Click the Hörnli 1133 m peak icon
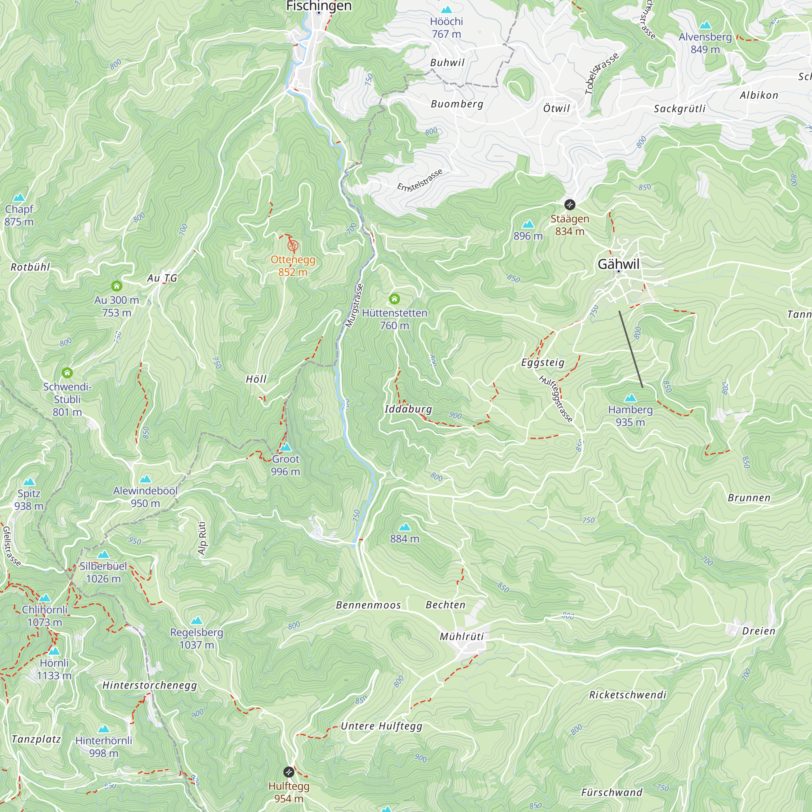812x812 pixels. tap(54, 652)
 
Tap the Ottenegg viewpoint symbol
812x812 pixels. tap(293, 246)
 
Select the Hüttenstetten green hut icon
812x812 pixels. tap(394, 299)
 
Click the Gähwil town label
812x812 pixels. tap(618, 264)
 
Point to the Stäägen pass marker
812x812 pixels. tap(570, 205)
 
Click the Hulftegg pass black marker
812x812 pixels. tap(288, 772)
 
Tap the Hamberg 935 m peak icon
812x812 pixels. tap(630, 397)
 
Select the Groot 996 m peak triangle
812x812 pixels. tap(286, 447)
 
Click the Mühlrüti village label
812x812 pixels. tap(462, 636)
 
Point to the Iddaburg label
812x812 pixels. tap(408, 409)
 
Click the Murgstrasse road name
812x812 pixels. tap(354, 306)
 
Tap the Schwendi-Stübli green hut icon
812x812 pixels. tap(67, 373)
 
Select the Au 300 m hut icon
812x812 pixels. tap(117, 286)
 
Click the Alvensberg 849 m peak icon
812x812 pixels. tap(705, 25)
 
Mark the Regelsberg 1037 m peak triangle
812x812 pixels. tap(197, 620)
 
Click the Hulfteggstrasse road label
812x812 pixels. tap(556, 398)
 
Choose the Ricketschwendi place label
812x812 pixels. tap(628, 695)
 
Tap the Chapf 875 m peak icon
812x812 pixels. tap(19, 198)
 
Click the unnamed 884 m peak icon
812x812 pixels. tap(405, 527)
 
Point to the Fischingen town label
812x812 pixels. tap(319, 6)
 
